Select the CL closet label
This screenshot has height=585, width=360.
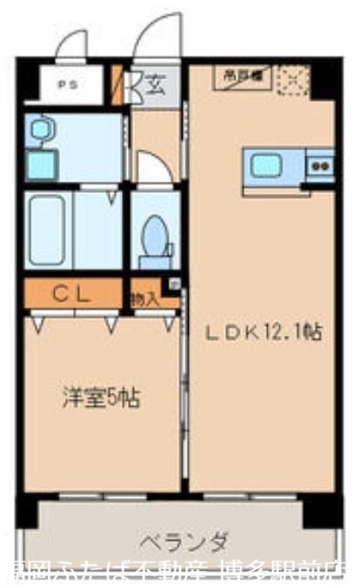coord(72,294)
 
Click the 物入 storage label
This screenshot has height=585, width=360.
coord(144,298)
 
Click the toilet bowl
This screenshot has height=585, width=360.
coord(156,236)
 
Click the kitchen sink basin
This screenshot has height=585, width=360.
coord(265,165)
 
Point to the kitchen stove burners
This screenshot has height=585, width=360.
coord(319,163)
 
